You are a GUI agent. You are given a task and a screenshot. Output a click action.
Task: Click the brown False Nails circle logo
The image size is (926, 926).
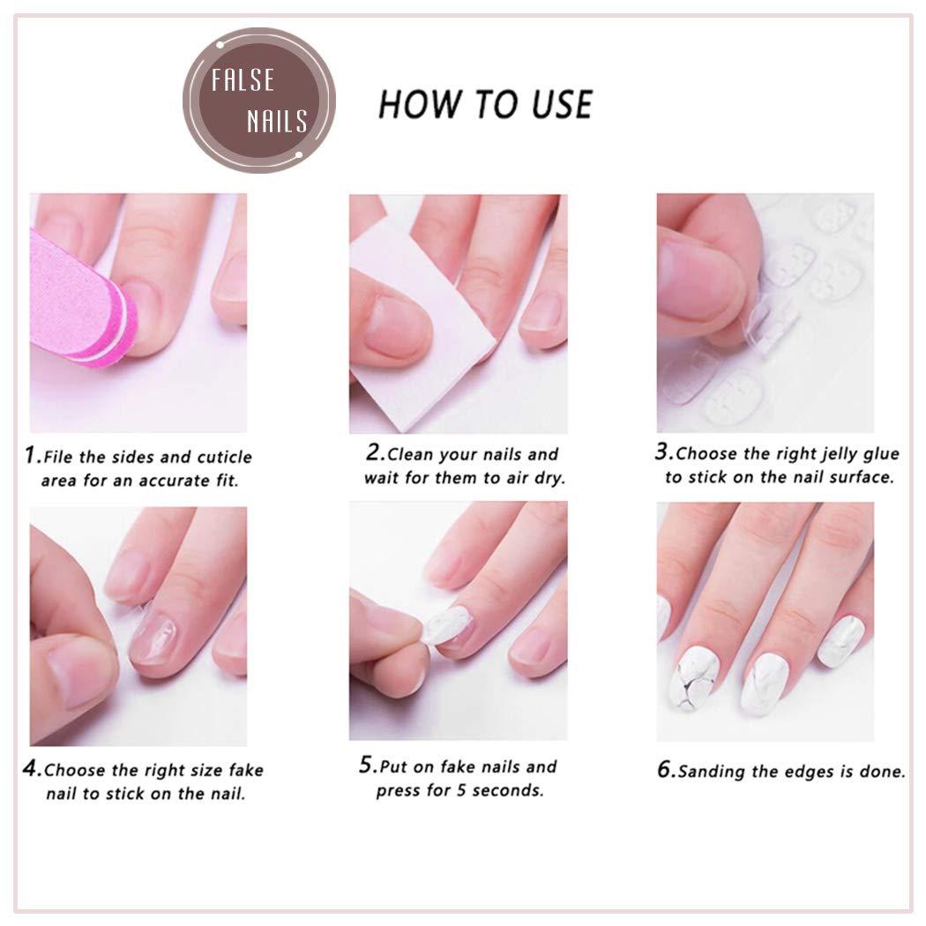pyautogui.click(x=259, y=101)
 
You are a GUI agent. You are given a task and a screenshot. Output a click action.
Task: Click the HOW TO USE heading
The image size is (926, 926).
pyautogui.click(x=485, y=104)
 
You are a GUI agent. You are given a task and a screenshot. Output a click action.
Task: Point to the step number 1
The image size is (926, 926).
pyautogui.click(x=33, y=456)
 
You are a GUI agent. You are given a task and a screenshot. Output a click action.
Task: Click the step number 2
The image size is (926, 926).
pyautogui.click(x=374, y=454)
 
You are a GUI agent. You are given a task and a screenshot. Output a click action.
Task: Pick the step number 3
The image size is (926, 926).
pyautogui.click(x=663, y=454)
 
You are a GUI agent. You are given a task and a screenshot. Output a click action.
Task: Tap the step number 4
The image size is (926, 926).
pyautogui.click(x=32, y=769)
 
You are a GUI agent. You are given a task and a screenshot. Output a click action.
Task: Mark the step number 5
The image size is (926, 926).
pyautogui.click(x=367, y=765)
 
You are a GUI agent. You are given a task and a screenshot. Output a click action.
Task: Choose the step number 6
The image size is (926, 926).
pyautogui.click(x=666, y=769)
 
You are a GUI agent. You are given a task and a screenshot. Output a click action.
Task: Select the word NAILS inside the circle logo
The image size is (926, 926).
pyautogui.click(x=276, y=121)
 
